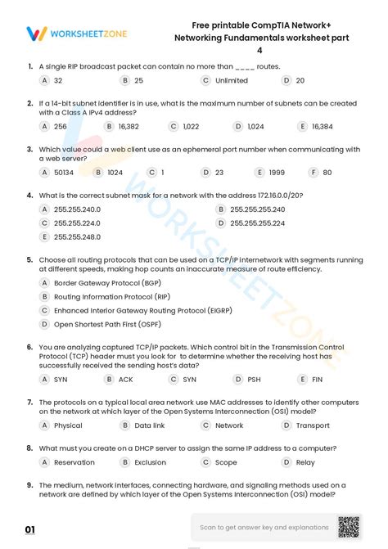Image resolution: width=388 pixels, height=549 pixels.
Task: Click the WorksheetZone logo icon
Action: tap(36, 34)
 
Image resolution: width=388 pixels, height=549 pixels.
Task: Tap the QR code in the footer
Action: tap(348, 527)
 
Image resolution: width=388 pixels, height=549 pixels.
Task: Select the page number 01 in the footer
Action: tap(29, 530)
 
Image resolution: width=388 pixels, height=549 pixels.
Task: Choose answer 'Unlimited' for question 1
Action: tap(231, 80)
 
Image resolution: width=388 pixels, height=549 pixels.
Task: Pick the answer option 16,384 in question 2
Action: tap(322, 127)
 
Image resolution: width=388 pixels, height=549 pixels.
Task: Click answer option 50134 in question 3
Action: tap(63, 173)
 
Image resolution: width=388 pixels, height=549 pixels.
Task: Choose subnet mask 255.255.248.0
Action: tap(77, 237)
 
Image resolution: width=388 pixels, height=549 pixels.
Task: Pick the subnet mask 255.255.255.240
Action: tap(257, 209)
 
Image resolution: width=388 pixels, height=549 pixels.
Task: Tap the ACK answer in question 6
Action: tap(125, 380)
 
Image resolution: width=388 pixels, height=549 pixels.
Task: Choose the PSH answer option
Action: tap(254, 380)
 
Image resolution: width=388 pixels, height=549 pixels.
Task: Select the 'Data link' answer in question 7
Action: tap(149, 425)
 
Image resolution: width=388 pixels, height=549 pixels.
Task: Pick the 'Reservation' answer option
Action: tap(74, 462)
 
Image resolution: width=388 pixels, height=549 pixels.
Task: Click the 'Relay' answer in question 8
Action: tap(305, 462)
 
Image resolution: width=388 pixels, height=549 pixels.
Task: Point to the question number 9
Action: tap(29, 484)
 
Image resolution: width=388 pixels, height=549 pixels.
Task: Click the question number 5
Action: tap(29, 259)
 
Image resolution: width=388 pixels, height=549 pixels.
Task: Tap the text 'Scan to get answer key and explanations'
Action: tap(264, 527)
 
